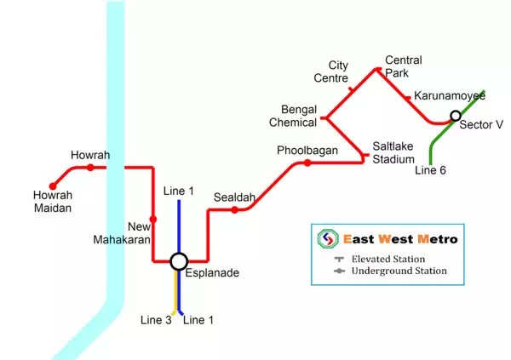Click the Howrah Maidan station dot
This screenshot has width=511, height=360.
(x=53, y=185)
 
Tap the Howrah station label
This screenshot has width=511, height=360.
(x=90, y=155)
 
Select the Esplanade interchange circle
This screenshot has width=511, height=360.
(x=179, y=261)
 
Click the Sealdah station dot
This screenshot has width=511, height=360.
(x=234, y=209)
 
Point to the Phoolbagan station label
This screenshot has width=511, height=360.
(x=307, y=151)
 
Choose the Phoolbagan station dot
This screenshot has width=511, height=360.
(x=307, y=163)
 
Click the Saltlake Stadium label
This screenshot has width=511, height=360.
(x=393, y=153)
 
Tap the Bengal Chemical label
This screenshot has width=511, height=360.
(x=299, y=116)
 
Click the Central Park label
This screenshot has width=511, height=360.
(x=403, y=66)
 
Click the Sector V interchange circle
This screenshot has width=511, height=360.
(x=456, y=116)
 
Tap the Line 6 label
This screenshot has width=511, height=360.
(x=430, y=170)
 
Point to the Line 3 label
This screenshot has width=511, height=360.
(x=156, y=320)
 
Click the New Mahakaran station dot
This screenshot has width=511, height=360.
(x=152, y=220)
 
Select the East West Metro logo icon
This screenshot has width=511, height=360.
(x=327, y=239)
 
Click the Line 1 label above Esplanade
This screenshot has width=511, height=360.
(x=179, y=191)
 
